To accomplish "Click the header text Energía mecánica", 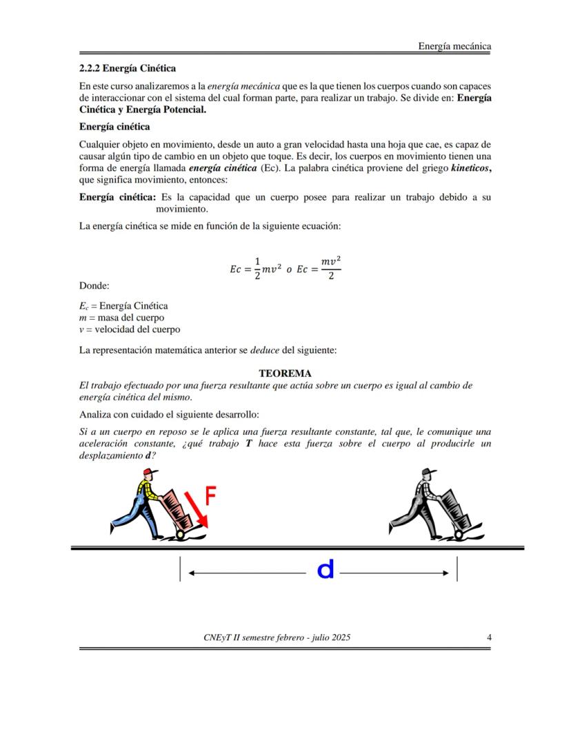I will [x=454, y=46].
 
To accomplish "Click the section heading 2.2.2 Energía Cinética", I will [x=128, y=68].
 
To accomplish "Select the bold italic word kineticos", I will [x=470, y=168].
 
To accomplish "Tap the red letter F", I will [x=212, y=496].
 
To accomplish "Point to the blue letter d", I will [x=325, y=570].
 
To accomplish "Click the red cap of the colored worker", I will [x=152, y=473].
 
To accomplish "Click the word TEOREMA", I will [x=285, y=373].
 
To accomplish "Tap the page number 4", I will [x=489, y=637].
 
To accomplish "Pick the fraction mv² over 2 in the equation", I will [x=331, y=269].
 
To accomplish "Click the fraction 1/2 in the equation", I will [x=257, y=269].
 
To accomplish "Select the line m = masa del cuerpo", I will [x=121, y=318].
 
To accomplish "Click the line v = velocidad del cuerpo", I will [x=130, y=329].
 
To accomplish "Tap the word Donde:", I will [x=94, y=285].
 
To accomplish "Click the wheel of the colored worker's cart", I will [x=181, y=534].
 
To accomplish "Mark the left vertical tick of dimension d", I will [x=180, y=569].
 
